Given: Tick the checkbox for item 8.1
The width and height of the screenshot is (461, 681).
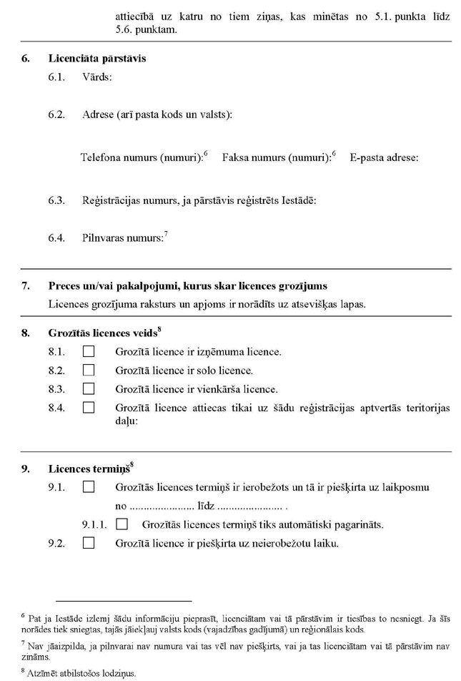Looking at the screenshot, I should point(89,352).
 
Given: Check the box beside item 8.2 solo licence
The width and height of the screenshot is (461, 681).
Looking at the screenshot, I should point(89,371).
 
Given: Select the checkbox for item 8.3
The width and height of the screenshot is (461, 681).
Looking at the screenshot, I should point(89,389).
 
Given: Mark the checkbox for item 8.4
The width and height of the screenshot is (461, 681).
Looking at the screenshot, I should point(89,408).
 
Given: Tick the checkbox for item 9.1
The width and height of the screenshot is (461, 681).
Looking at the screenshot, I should point(89,487).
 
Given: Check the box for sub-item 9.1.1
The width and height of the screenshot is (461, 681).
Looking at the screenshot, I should point(122,524).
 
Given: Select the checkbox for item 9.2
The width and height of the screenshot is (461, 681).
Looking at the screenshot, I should point(89,543).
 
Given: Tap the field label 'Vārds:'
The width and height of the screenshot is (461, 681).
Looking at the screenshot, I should point(96,77).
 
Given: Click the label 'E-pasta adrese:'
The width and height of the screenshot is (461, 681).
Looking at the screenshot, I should point(384,157).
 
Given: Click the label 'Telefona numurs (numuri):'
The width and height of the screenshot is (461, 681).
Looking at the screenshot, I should point(142,157).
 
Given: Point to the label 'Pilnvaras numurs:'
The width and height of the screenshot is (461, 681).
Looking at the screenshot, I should point(122,237).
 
